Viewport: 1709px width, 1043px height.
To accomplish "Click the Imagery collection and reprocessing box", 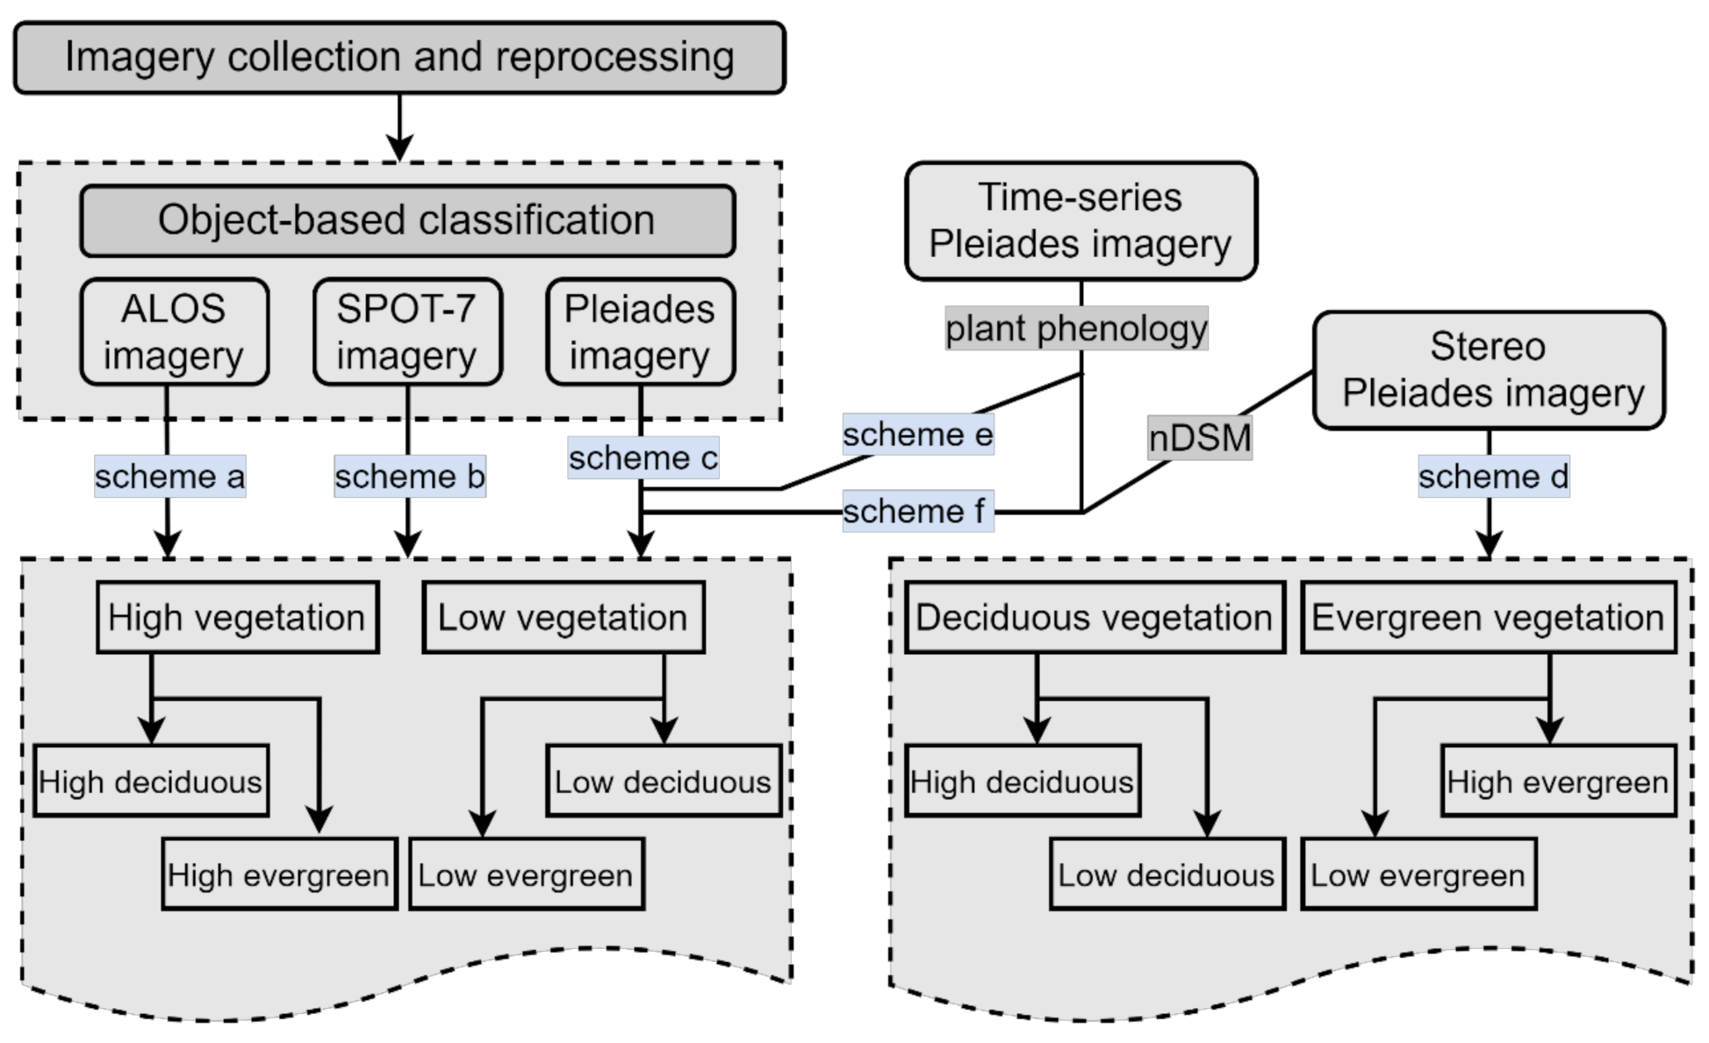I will [x=399, y=58].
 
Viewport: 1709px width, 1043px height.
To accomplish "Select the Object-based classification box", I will [x=407, y=220].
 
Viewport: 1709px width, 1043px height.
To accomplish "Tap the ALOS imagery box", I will [x=174, y=332].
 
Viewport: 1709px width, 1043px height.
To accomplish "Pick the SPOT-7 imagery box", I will [x=407, y=332].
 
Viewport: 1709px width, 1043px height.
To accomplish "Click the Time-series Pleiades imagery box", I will [x=1081, y=221].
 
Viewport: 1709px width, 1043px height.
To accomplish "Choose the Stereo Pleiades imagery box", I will [x=1489, y=370].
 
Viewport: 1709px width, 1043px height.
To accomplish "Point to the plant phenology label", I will [x=1076, y=328].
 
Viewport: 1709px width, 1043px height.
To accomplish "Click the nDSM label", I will [x=1199, y=438].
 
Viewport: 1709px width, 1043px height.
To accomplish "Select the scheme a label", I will [x=169, y=477].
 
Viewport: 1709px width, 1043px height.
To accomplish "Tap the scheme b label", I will [x=409, y=477].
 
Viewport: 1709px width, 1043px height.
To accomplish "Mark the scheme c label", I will [x=643, y=457].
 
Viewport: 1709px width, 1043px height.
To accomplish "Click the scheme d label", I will [x=1493, y=477].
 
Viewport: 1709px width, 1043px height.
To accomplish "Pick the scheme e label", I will [x=917, y=434].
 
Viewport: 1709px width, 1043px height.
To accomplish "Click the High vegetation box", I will [x=237, y=617].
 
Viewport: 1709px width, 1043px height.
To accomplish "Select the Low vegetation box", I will [x=563, y=617].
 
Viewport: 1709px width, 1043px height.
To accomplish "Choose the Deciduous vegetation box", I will [x=1095, y=617].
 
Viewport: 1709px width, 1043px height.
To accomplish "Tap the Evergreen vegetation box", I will [x=1488, y=617].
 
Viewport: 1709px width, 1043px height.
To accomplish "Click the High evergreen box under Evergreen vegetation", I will [x=1558, y=781].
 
